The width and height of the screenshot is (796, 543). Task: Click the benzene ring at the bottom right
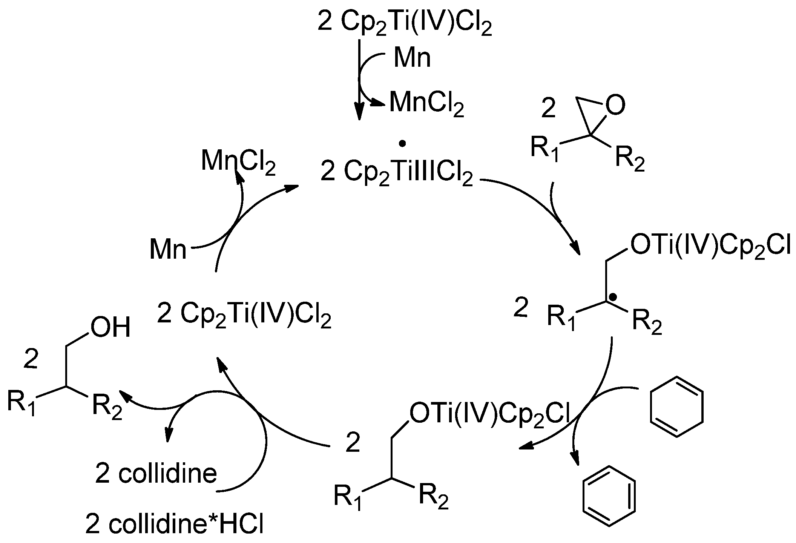[x=609, y=495]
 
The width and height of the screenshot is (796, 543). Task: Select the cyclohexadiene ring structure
[x=676, y=407]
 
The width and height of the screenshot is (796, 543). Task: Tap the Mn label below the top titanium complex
[x=412, y=58]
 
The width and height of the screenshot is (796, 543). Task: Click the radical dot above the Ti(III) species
[x=402, y=143]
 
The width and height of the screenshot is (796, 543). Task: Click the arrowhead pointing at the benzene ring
[x=575, y=459]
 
